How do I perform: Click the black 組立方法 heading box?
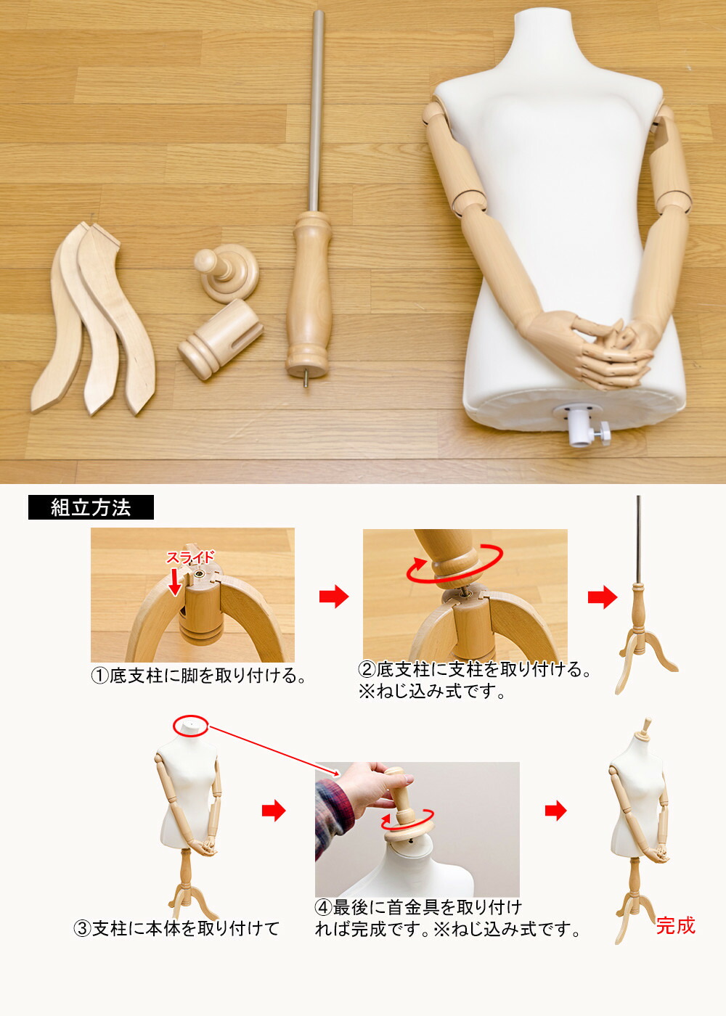(91, 507)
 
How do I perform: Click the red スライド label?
(190, 557)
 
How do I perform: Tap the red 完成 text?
(675, 926)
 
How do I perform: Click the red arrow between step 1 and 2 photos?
(333, 597)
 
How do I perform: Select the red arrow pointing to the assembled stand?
(602, 597)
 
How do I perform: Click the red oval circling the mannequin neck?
(191, 725)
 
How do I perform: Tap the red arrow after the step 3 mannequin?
(274, 811)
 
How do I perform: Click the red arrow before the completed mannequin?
(555, 811)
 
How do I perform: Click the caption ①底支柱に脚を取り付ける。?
(197, 676)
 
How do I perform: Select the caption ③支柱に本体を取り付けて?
(176, 929)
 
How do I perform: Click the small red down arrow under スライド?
(175, 581)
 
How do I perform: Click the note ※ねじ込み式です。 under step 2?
(432, 692)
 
